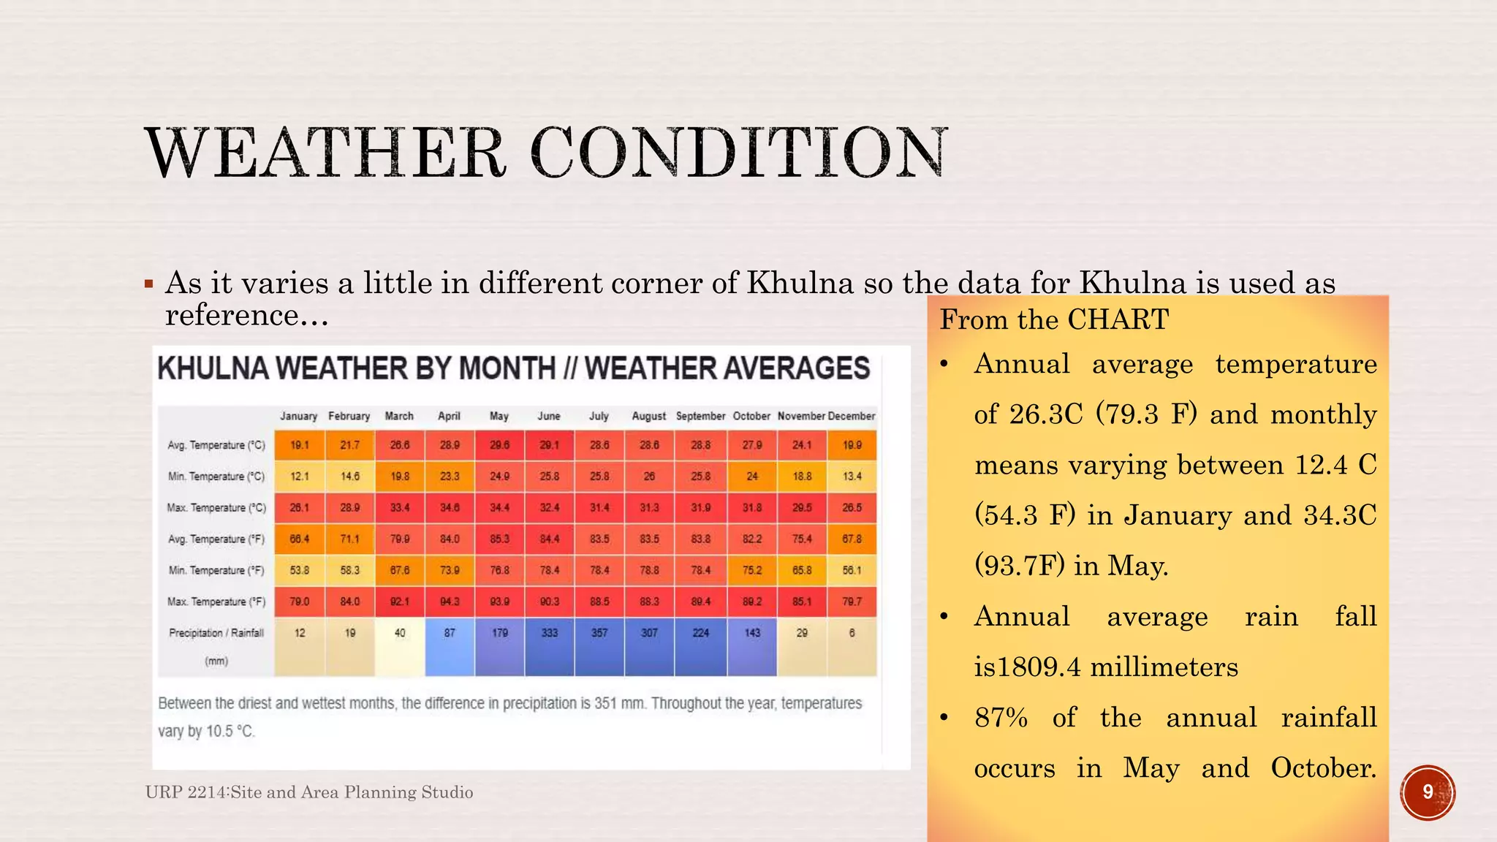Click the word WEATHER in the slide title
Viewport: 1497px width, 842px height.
[325, 153]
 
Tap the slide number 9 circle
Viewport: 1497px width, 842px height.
[1428, 792]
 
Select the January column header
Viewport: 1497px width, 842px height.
[298, 416]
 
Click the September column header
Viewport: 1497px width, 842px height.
[700, 416]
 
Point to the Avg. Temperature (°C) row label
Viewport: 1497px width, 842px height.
[216, 445]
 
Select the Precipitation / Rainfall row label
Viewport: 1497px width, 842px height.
[216, 633]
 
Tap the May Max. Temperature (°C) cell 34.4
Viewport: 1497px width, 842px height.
[499, 507]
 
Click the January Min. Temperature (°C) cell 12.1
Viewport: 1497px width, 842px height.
[300, 477]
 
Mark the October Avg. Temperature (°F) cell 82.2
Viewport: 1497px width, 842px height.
[752, 539]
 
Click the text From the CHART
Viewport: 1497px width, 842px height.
[1054, 320]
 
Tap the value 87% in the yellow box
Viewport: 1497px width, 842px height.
[1001, 718]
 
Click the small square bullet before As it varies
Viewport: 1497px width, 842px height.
[149, 284]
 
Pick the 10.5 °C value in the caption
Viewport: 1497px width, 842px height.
[230, 732]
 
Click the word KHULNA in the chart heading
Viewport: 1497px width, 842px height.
[213, 368]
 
